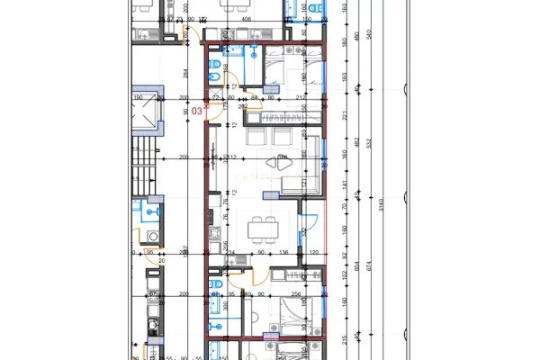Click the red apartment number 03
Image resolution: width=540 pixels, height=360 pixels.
(197, 111)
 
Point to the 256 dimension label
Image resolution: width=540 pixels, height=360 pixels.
(295, 294)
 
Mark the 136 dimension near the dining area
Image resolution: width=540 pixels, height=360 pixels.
(282, 253)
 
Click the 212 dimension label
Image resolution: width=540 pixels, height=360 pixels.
(297, 98)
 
